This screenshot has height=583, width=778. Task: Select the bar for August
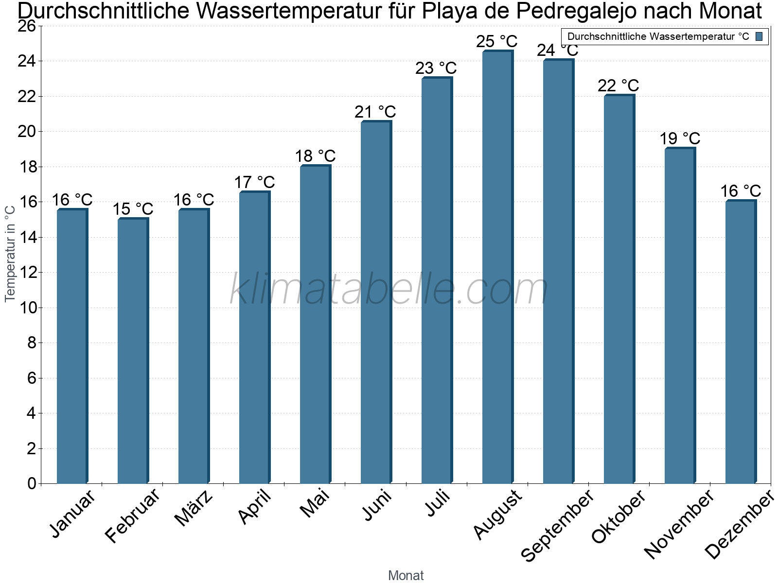tap(497, 267)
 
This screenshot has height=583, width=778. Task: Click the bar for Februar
tap(133, 351)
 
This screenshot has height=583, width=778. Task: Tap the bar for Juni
tap(376, 302)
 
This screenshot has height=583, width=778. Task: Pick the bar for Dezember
tap(741, 342)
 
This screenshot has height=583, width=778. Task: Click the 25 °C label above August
tap(497, 41)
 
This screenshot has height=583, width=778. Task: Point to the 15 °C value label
tap(133, 209)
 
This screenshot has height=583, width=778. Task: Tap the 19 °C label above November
tap(680, 138)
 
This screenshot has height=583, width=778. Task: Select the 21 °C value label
tap(375, 112)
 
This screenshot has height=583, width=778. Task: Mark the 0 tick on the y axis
tap(32, 483)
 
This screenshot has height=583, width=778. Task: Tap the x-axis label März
tap(194, 508)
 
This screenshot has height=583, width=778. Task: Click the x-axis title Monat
tap(406, 575)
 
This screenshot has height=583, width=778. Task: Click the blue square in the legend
tap(759, 36)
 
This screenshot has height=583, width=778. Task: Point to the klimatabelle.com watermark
tap(389, 290)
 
